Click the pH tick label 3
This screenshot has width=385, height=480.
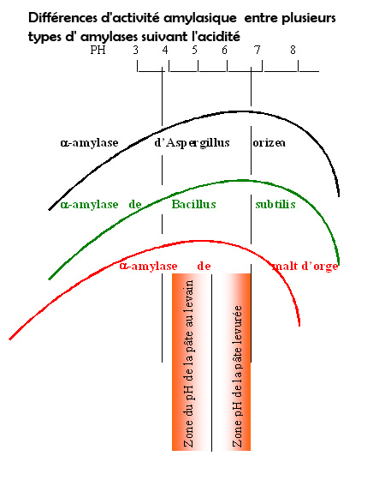(136, 50)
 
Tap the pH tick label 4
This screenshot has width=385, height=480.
(165, 50)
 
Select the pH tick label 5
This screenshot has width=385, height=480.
(195, 50)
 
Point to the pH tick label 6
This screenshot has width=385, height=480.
(224, 50)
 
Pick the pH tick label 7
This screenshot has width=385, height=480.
(258, 50)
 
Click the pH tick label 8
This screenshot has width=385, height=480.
(293, 50)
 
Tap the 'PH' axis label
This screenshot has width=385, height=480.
(98, 50)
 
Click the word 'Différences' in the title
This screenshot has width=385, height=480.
(63, 18)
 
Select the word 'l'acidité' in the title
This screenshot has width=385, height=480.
(216, 37)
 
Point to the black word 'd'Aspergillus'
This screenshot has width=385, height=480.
(192, 142)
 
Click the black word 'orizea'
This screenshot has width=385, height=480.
(269, 143)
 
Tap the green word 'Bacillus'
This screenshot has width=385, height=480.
(193, 204)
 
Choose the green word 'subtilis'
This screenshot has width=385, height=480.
(275, 204)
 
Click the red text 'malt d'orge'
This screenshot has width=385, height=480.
(305, 266)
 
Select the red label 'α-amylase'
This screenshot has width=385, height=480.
(149, 266)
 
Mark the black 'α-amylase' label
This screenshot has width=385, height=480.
(90, 143)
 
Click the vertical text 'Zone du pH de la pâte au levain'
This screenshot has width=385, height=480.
(188, 363)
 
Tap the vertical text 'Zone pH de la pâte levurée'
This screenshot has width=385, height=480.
(238, 376)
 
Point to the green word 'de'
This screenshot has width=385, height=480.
(135, 204)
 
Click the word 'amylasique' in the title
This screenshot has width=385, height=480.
(200, 18)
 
